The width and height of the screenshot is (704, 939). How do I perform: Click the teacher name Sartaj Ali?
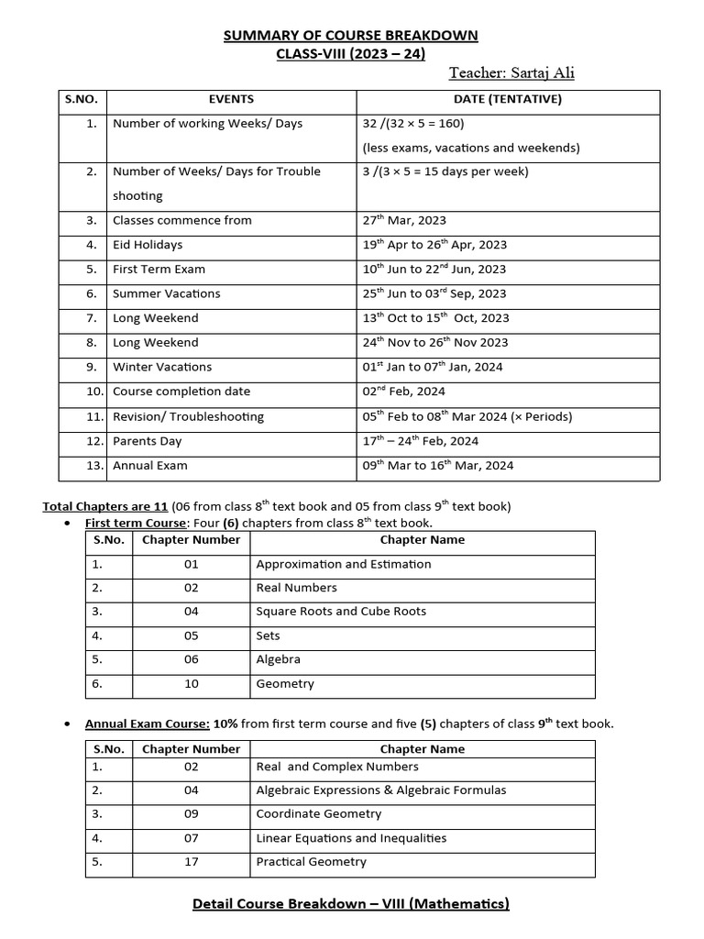click(x=511, y=73)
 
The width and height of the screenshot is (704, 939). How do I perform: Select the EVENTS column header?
click(x=231, y=99)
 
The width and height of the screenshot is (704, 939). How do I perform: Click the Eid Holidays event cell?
click(x=148, y=245)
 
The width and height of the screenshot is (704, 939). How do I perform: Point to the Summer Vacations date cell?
click(x=434, y=293)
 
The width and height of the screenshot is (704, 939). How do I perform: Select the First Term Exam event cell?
click(x=159, y=270)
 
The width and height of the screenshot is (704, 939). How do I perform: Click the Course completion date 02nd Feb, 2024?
click(x=404, y=392)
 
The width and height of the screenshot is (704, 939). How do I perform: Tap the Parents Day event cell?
click(x=147, y=441)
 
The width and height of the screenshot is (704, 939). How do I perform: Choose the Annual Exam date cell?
click(x=438, y=466)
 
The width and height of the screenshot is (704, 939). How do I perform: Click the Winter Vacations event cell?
click(x=161, y=367)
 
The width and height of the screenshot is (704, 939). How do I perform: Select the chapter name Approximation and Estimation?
click(x=343, y=564)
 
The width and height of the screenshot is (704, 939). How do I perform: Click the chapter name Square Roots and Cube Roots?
click(x=341, y=612)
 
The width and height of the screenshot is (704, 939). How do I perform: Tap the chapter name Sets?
click(x=268, y=635)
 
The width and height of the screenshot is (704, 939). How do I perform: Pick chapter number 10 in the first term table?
click(x=191, y=683)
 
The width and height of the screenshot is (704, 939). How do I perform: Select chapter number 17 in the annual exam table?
click(x=191, y=862)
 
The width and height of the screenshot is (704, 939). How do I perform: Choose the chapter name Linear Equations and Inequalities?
click(x=351, y=838)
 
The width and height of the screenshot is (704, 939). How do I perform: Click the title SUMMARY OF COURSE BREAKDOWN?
click(x=351, y=36)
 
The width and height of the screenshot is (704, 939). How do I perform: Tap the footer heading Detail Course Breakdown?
click(x=351, y=904)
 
